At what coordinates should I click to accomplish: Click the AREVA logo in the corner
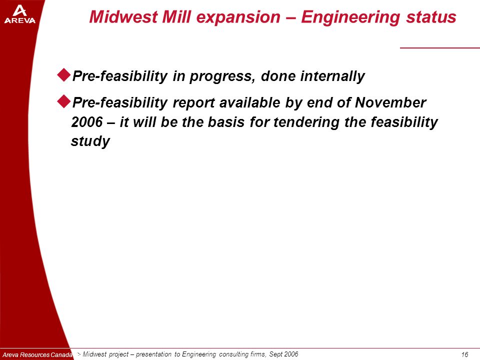click(20, 15)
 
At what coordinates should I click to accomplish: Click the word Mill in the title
click(176, 16)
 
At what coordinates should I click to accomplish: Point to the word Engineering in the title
click(351, 17)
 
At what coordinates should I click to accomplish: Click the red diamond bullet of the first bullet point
click(64, 74)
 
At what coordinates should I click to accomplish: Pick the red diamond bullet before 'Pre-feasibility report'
click(64, 101)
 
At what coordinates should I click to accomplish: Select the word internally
click(332, 76)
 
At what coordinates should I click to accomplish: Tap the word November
click(390, 102)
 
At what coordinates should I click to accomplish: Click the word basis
click(226, 122)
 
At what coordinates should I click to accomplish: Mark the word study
click(90, 141)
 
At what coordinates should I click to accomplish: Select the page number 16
click(464, 354)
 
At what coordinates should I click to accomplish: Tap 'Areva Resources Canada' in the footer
click(37, 355)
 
